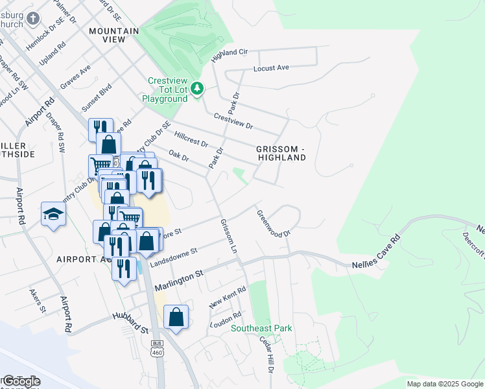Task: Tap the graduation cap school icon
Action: click(x=53, y=215)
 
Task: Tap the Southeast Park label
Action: click(x=262, y=328)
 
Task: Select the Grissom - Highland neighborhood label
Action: click(x=281, y=152)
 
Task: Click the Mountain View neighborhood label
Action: click(x=114, y=35)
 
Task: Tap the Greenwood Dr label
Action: click(x=273, y=224)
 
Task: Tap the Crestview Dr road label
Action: click(x=233, y=121)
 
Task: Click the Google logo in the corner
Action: click(x=21, y=381)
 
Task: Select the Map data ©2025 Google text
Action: click(x=444, y=384)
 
